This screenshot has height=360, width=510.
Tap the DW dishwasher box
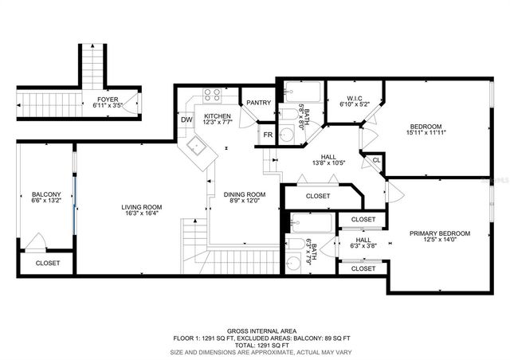(186, 120)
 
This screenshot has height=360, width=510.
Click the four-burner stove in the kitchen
(212, 95)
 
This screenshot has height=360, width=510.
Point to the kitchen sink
(197, 148)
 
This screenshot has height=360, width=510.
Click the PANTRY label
(258, 103)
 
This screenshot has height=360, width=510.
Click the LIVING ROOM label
(141, 208)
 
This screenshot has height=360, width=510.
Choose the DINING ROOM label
(243, 195)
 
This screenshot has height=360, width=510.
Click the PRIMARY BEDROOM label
(440, 233)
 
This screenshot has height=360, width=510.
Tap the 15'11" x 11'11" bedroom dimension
(427, 133)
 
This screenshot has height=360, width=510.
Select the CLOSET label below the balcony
(47, 263)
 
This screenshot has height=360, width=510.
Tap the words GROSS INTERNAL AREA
(255, 330)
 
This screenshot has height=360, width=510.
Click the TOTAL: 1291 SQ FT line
(255, 344)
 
